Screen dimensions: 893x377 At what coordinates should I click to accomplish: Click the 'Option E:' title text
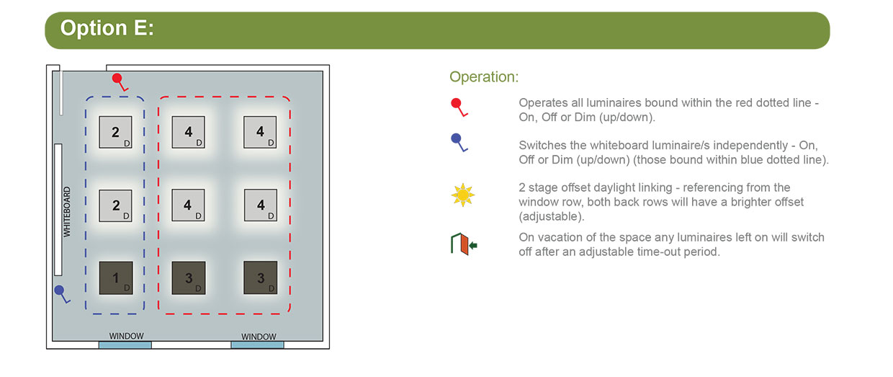[x=107, y=28]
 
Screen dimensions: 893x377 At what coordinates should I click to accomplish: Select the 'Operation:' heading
[x=484, y=76]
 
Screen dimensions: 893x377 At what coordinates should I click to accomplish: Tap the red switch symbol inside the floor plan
[x=120, y=82]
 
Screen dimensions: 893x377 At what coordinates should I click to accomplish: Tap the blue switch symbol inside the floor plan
[x=62, y=294]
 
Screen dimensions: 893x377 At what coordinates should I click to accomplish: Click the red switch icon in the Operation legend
[x=459, y=107]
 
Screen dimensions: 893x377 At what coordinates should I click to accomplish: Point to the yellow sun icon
[x=463, y=195]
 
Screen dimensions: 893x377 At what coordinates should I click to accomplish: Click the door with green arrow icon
[x=464, y=244]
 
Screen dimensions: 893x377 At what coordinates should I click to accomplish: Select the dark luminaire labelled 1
[x=116, y=278]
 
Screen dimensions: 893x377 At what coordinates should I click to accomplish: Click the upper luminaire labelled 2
[x=116, y=132]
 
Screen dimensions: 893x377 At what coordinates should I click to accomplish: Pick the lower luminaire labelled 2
[x=116, y=205]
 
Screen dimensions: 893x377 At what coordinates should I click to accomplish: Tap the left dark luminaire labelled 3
[x=189, y=278]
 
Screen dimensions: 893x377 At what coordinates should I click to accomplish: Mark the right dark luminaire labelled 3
[x=261, y=278]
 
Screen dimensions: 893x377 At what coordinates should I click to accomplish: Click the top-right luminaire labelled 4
[x=260, y=132]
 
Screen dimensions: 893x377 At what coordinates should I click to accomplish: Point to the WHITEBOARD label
[x=67, y=212]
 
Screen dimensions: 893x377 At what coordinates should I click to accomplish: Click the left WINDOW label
[x=126, y=336]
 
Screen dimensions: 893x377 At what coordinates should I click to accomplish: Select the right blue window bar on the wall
[x=258, y=345]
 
